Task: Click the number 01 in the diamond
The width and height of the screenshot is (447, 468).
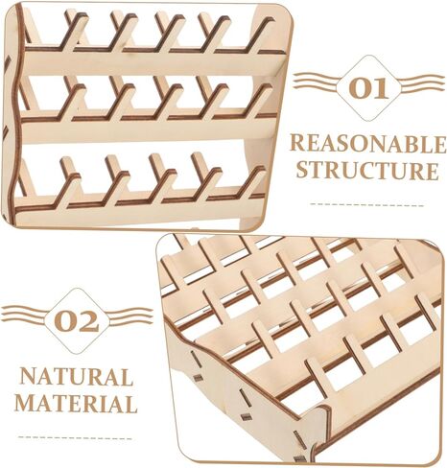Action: [368, 88]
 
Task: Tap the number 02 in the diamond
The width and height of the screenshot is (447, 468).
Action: [76, 321]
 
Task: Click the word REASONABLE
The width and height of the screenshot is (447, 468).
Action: [368, 144]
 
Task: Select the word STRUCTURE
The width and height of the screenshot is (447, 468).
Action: [367, 171]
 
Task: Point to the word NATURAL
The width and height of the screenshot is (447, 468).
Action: [76, 377]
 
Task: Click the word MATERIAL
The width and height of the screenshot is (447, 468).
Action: [76, 403]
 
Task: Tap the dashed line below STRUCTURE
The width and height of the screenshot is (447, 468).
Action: [367, 204]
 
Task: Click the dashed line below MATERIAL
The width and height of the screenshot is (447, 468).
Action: [75, 437]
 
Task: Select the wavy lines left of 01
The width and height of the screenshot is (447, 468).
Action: [317, 82]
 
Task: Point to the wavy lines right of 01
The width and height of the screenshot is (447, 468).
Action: [421, 82]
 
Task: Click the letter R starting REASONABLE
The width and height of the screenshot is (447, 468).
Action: [298, 143]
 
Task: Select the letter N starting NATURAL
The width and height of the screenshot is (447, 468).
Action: [29, 377]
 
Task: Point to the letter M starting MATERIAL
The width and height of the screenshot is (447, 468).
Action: [26, 403]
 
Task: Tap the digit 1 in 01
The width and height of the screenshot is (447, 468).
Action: [381, 88]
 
